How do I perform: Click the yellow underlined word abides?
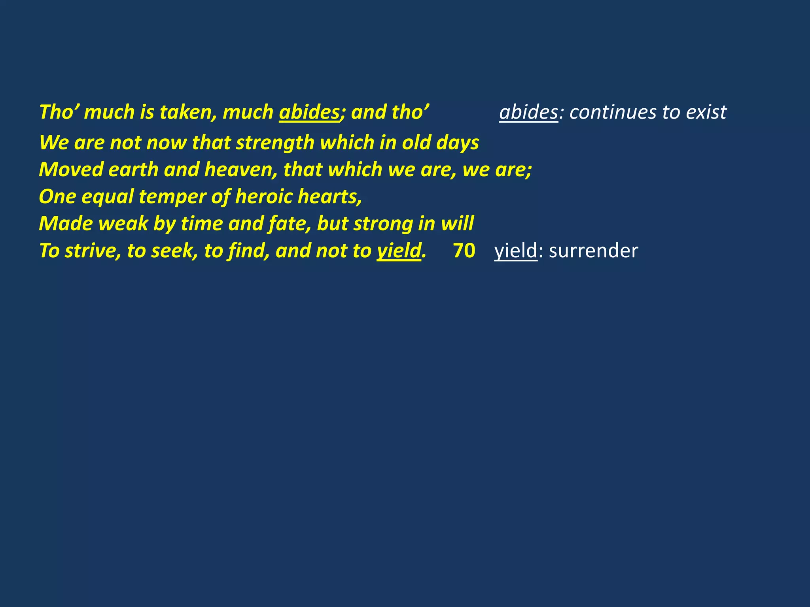tap(309, 112)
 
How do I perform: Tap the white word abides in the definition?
tap(528, 112)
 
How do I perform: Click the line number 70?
tap(464, 251)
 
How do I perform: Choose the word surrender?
tap(593, 251)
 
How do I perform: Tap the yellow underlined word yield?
tap(399, 251)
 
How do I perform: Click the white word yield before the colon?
tap(516, 251)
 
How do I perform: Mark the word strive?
tap(93, 251)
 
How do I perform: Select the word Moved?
tap(71, 170)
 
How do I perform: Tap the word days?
tap(458, 143)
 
